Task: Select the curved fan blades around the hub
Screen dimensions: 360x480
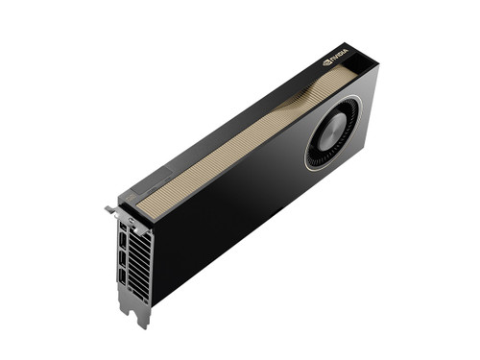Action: coord(346,119)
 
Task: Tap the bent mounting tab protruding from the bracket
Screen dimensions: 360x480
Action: coord(109,208)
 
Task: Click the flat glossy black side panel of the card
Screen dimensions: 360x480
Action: coord(240,211)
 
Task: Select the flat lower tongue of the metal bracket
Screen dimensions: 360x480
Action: coord(134,305)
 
